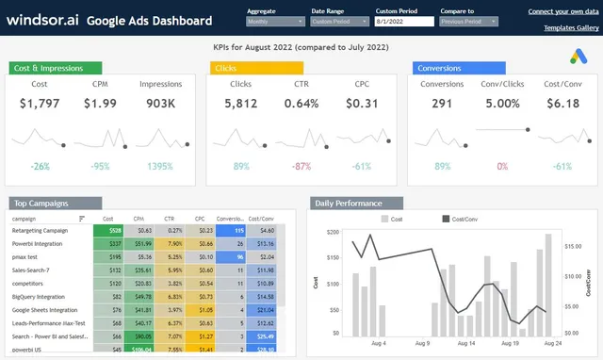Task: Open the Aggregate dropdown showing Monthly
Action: tap(272, 20)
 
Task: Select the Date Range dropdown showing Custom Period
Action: tap(337, 20)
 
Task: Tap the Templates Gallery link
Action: tap(571, 28)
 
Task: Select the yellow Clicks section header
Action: tap(255, 68)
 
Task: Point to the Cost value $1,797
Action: tap(40, 103)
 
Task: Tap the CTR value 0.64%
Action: tap(301, 103)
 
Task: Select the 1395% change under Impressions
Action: tap(159, 166)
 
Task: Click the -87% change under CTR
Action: tap(301, 166)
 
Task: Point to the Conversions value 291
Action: tap(442, 103)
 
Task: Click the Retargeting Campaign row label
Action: tap(40, 230)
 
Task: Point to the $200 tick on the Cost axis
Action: tap(334, 231)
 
